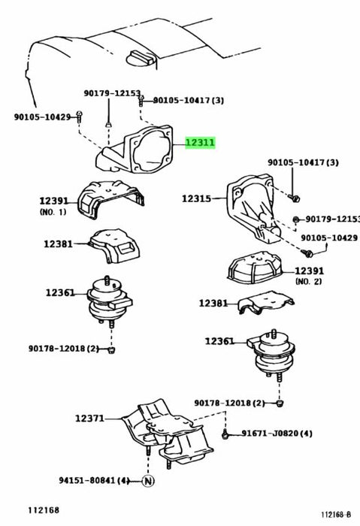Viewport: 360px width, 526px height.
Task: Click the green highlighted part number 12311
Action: click(x=200, y=143)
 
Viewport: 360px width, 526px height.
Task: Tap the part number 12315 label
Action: click(x=197, y=198)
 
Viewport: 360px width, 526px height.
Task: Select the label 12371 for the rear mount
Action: click(x=89, y=419)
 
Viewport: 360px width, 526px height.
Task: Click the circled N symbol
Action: click(x=148, y=481)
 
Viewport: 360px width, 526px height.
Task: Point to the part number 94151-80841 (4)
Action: click(x=94, y=480)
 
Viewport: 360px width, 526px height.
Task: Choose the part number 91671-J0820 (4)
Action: click(x=277, y=434)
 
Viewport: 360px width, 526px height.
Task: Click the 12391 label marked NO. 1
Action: click(x=54, y=201)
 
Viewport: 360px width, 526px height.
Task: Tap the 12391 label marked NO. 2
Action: click(x=310, y=271)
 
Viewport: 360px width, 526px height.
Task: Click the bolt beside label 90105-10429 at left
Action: click(x=79, y=116)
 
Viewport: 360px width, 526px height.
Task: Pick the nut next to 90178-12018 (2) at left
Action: click(x=112, y=350)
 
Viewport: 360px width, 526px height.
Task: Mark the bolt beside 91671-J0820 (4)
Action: click(x=225, y=435)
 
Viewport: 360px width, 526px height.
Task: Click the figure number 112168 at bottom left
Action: click(x=44, y=510)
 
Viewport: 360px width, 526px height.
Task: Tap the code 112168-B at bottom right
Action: click(x=336, y=515)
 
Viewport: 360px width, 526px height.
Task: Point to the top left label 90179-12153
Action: click(x=112, y=93)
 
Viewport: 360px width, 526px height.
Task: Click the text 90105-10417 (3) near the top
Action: click(x=189, y=100)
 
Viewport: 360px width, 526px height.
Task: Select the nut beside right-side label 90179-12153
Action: click(x=296, y=219)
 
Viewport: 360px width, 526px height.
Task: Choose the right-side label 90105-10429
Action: click(x=329, y=238)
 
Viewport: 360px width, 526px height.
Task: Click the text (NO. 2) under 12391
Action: click(x=308, y=281)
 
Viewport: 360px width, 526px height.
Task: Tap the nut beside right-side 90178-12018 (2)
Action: click(x=280, y=404)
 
